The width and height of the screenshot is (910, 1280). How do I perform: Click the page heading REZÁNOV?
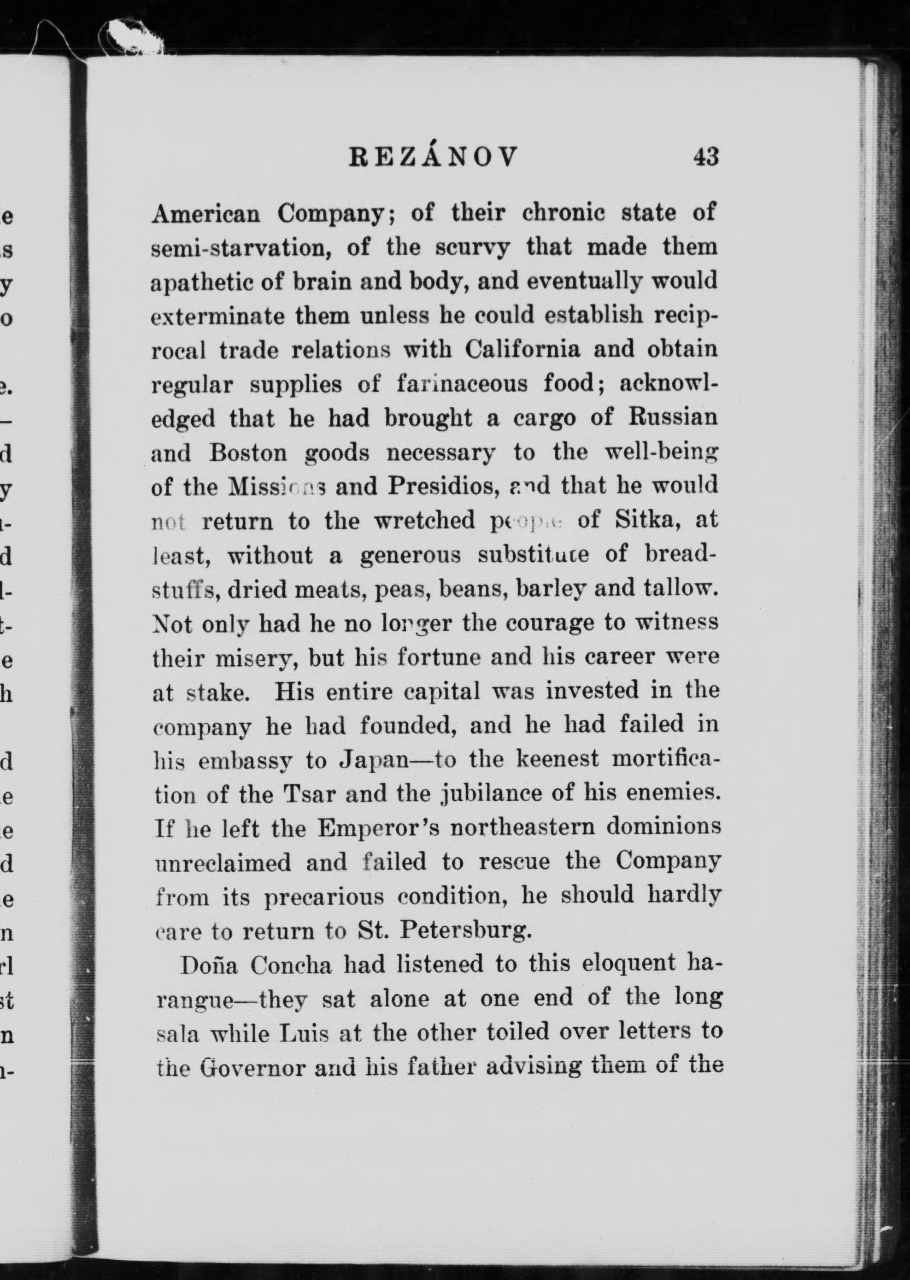click(433, 158)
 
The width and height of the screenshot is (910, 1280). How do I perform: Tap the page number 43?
click(705, 158)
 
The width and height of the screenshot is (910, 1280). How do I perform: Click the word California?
click(522, 349)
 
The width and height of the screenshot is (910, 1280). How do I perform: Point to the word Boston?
click(248, 453)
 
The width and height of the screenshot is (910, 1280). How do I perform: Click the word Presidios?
click(443, 487)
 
